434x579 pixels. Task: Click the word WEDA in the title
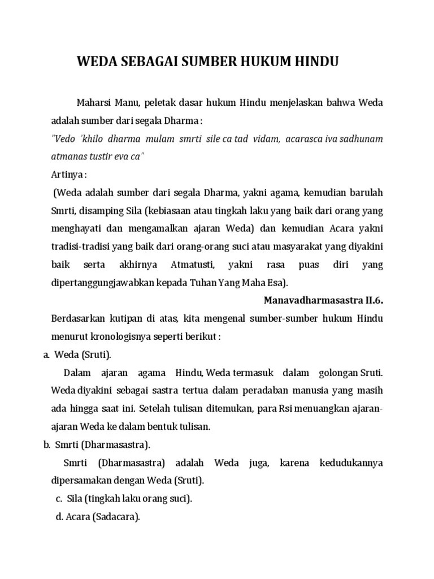point(96,61)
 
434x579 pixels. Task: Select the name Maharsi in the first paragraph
point(94,103)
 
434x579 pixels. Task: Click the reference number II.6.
point(372,300)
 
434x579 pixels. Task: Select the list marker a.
point(46,355)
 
